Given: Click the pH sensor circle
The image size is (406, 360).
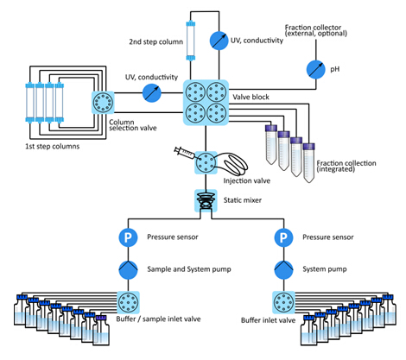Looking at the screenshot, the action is (315, 69).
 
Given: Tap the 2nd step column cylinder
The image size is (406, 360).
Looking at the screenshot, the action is (190, 41).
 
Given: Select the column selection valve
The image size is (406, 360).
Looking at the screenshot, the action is (103, 102).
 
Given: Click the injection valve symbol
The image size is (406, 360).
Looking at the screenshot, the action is (206, 162).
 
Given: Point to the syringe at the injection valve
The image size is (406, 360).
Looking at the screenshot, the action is (184, 153).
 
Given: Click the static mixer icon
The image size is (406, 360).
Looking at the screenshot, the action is (206, 200).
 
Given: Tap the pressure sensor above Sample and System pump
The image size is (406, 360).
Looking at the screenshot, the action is (128, 237).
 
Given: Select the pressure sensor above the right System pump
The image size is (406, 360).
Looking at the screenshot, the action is (283, 237).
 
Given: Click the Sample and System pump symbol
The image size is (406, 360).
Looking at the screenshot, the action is (128, 269).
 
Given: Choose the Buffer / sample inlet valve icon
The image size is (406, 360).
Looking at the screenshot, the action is (128, 302).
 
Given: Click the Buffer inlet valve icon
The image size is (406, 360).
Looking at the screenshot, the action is (283, 302).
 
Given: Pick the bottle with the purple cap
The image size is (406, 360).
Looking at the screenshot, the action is (101, 331).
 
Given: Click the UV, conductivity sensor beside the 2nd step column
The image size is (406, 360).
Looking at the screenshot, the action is (219, 41).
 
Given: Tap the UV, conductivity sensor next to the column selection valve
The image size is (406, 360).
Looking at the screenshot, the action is (152, 93).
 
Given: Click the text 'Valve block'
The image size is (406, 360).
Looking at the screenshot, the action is (251, 97).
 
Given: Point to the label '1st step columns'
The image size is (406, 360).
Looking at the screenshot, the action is (52, 147).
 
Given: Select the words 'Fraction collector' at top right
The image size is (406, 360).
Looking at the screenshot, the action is (313, 28).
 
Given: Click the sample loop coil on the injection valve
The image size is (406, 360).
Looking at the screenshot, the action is (232, 164).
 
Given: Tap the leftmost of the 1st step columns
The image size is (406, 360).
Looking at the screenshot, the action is (30, 102).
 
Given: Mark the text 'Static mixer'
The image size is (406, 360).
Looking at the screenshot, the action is (243, 200).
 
